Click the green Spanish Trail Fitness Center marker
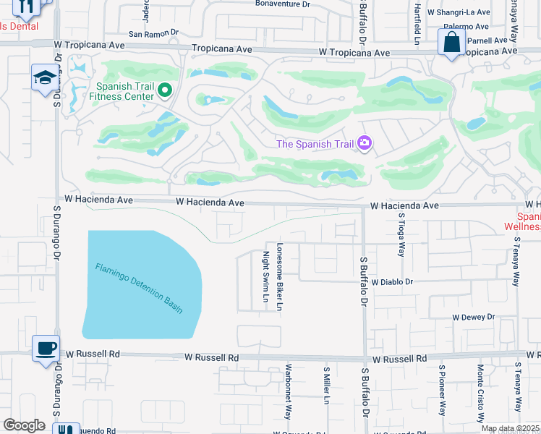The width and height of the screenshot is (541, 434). (x=165, y=90)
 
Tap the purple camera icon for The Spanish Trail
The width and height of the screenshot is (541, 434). (x=365, y=143)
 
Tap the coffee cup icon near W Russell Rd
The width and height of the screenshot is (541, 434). (x=46, y=348)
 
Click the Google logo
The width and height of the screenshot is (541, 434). (x=24, y=425)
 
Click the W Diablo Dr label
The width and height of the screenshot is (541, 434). (x=391, y=281)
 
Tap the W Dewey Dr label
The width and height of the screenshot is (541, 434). (x=473, y=317)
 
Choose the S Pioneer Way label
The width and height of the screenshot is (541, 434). (x=441, y=389)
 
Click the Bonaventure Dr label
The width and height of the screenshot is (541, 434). (x=282, y=4)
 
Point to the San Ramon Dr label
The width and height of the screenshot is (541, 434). (x=153, y=33)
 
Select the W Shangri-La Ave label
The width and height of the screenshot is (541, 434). (x=461, y=12)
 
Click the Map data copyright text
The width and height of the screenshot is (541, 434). (x=510, y=428)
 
